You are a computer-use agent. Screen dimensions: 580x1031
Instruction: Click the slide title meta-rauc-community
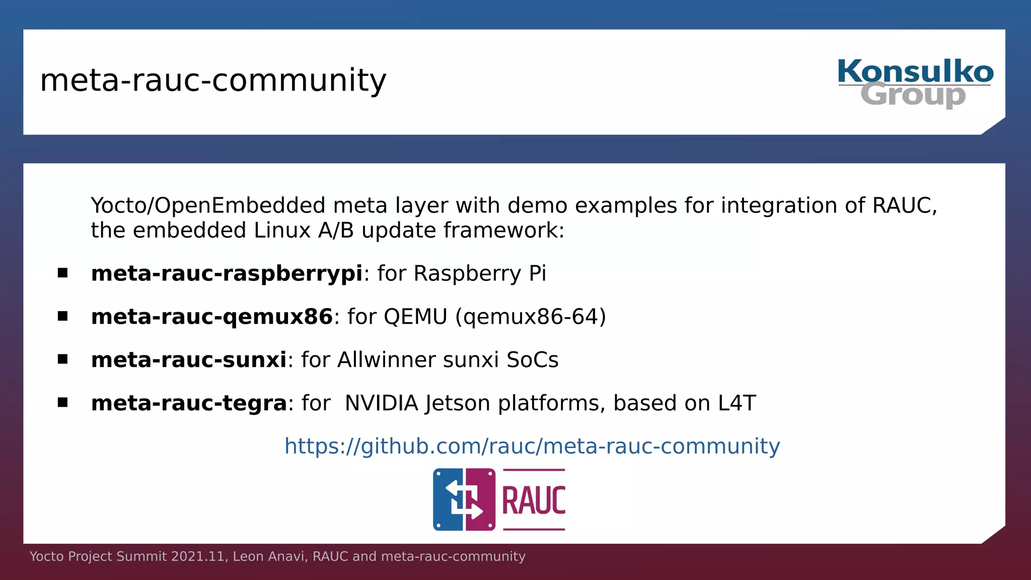point(213,81)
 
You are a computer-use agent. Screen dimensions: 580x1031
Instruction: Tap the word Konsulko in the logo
point(915,71)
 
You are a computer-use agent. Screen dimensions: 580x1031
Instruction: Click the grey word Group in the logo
point(913,95)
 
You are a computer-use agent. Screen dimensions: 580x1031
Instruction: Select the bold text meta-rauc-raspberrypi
point(227,274)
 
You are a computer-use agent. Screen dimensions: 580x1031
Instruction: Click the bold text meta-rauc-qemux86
point(211,317)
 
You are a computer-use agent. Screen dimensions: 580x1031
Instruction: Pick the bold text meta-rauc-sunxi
point(189,360)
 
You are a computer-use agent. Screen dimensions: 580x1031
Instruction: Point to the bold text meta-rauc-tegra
point(189,403)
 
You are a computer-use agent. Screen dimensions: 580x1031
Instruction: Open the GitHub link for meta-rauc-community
point(532,447)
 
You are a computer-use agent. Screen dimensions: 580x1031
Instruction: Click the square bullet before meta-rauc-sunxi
point(62,359)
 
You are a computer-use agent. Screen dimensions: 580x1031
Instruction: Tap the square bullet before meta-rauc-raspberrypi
point(62,273)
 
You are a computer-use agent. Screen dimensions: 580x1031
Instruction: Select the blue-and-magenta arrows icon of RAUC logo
point(464,499)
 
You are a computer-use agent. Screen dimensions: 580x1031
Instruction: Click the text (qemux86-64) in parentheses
point(531,317)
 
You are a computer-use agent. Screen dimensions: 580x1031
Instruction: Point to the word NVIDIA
point(382,403)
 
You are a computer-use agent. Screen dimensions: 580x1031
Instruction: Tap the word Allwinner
point(387,360)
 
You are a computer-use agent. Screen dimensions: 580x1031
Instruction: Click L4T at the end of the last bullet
point(737,403)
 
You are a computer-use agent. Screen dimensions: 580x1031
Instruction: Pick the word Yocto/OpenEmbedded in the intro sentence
point(208,206)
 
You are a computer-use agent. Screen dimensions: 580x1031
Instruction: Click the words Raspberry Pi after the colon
point(479,274)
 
